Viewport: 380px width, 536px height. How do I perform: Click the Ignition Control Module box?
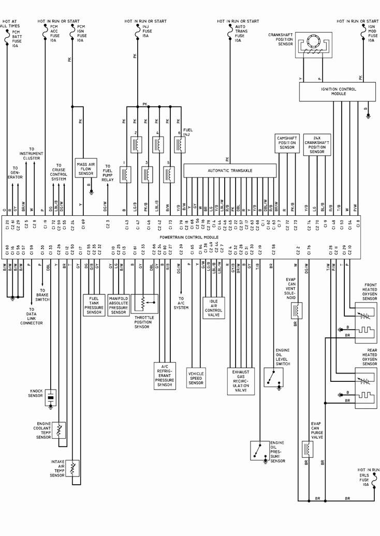pos(337,92)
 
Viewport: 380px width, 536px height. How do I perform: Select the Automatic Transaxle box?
pos(230,171)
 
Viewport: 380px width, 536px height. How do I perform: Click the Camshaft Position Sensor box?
pos(287,143)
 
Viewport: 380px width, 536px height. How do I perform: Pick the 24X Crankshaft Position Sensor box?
pos(317,145)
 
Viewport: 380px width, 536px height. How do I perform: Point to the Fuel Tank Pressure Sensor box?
pos(94,305)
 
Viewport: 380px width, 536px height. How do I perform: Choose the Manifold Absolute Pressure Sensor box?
pos(119,305)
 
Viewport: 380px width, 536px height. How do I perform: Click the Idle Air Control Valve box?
pos(213,308)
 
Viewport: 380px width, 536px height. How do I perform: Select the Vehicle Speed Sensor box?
pos(196,378)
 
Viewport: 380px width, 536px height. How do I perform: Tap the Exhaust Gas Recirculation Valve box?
pos(240,381)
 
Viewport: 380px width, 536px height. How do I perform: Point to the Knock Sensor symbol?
pos(51,397)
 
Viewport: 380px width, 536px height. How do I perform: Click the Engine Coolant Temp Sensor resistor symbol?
pos(60,429)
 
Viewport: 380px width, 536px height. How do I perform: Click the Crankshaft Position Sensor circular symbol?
pos(313,42)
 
